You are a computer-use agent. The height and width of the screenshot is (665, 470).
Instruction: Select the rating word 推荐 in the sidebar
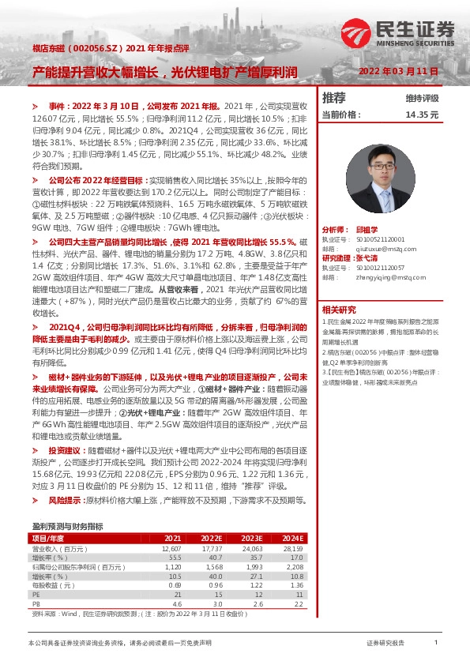coord(334,98)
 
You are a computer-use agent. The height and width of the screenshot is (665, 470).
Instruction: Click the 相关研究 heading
coord(339,309)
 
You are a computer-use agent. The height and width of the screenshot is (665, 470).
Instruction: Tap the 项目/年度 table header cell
coord(50,537)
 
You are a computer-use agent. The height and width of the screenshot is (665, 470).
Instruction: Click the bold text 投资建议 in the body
coord(65,449)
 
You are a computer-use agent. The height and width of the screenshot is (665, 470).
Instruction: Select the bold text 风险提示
coord(65,500)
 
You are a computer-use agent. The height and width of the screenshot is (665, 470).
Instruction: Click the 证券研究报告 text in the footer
coord(386,644)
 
